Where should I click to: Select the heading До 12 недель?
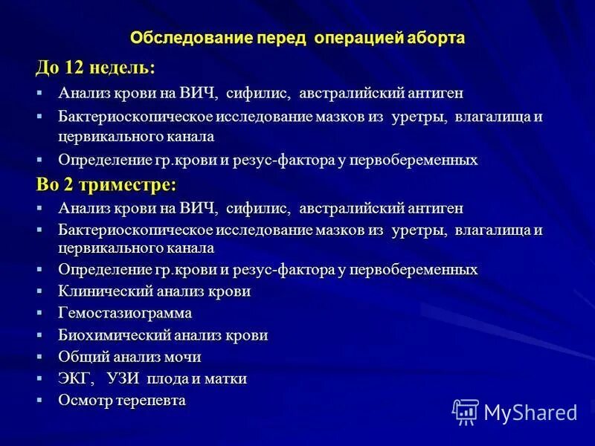(96, 67)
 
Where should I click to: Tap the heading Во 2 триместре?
(106, 184)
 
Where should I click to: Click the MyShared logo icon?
(466, 411)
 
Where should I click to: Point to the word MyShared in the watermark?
(530, 413)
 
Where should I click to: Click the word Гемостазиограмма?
(125, 313)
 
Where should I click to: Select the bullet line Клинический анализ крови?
(155, 291)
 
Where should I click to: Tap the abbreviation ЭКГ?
(76, 379)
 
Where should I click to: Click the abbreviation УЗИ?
(122, 379)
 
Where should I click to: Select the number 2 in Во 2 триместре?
(68, 184)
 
